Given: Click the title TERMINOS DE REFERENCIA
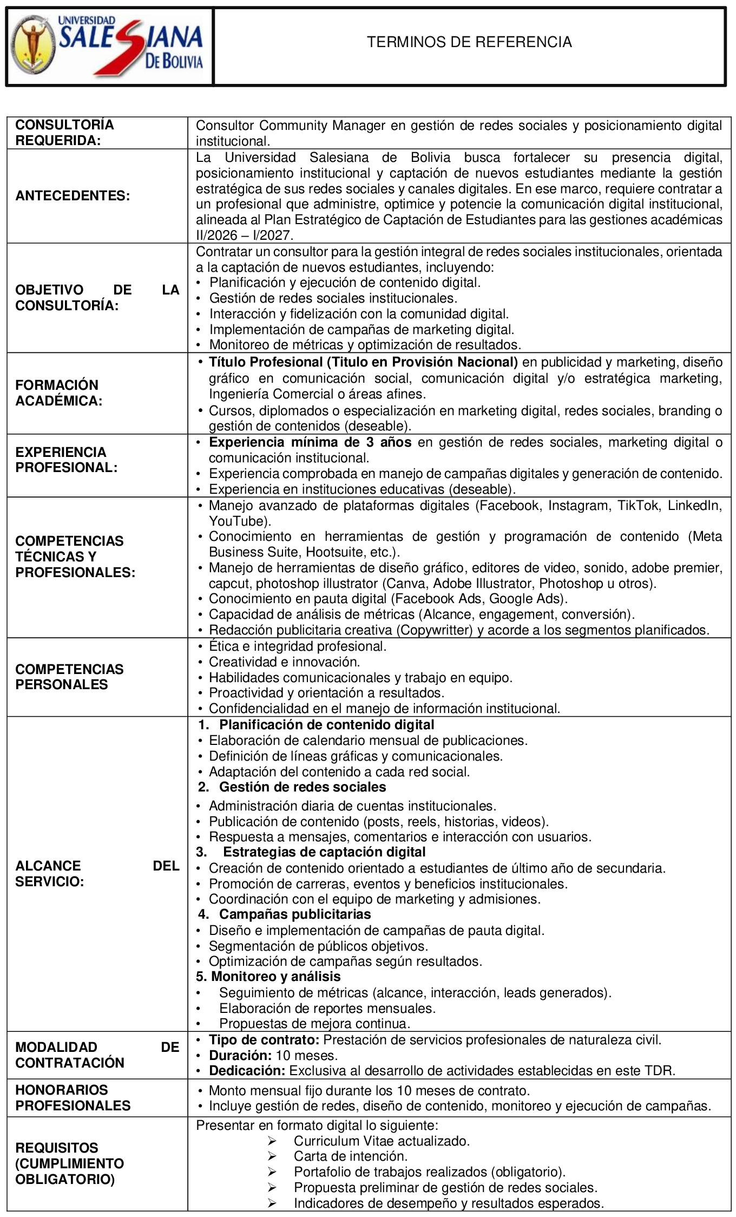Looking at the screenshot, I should (469, 42).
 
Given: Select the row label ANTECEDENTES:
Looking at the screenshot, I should (73, 195).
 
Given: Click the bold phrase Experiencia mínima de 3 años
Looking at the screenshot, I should (310, 442).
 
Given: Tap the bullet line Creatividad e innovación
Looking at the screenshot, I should (284, 662).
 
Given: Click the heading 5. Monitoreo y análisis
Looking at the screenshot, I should (268, 977).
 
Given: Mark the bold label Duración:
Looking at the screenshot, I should (240, 1055).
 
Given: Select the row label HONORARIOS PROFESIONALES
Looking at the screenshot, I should (73, 1097).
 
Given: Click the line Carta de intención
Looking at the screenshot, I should (350, 1156).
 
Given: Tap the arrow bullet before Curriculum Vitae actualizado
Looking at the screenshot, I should (272, 1141).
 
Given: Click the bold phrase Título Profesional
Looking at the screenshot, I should (266, 362).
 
